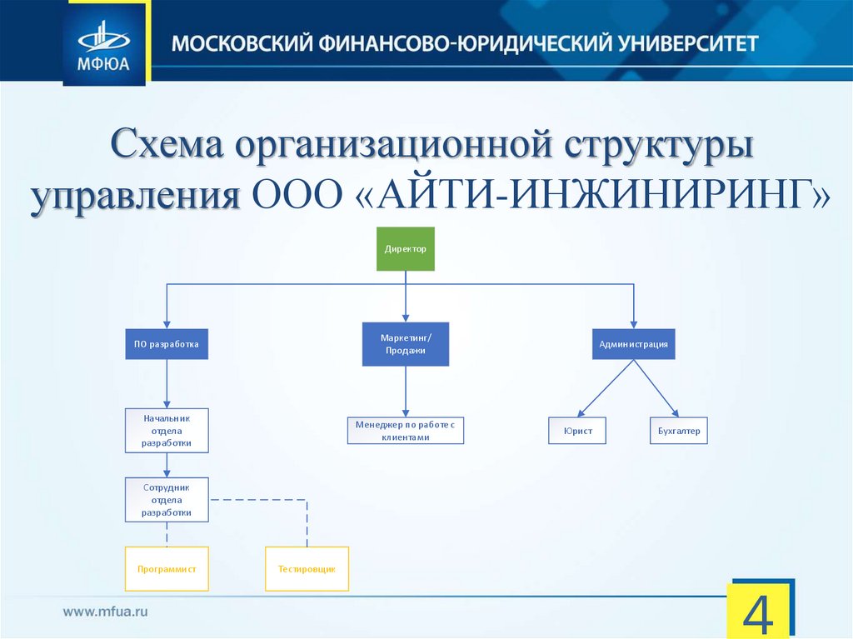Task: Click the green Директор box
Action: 406,248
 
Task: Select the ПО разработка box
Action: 167,343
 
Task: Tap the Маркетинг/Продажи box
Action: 406,343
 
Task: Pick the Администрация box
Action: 634,343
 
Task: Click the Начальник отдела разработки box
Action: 167,431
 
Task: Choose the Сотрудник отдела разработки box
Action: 167,499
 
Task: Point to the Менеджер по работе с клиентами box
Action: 406,431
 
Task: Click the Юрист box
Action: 576,431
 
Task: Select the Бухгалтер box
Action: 678,431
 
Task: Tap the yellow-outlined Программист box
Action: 167,569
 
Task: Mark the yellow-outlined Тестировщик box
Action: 307,569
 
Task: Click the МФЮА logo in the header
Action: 104,42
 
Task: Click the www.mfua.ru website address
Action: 106,612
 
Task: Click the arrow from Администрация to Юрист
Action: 604,389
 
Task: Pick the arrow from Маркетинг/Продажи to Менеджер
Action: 406,390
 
